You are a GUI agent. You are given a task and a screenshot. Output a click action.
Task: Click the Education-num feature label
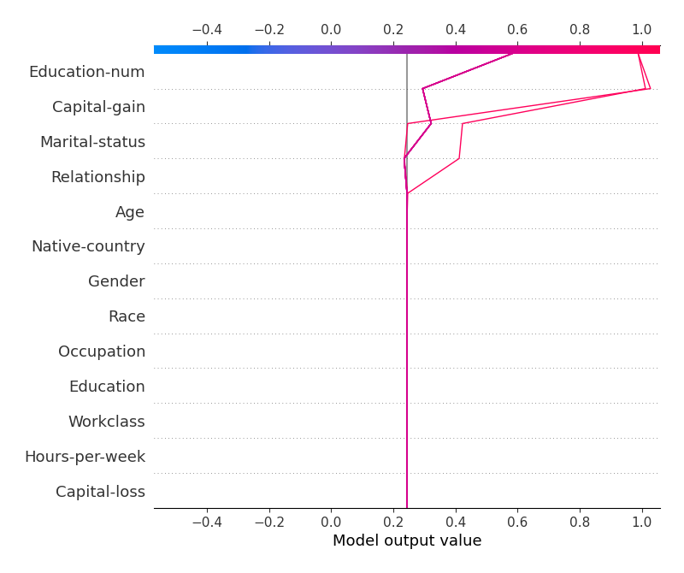point(86,72)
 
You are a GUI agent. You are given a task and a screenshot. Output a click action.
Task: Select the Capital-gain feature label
point(98,107)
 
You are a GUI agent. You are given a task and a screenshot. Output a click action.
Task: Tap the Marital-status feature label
point(92,142)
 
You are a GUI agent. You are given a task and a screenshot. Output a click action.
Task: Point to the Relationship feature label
point(97,177)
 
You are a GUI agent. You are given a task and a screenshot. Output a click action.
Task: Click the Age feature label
point(130,212)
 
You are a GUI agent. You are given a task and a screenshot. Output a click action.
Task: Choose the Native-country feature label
point(88,246)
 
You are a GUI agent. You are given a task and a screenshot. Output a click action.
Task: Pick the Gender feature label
point(116,281)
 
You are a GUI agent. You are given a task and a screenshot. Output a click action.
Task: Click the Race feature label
point(127,316)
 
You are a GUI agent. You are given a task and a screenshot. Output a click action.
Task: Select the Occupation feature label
point(102,351)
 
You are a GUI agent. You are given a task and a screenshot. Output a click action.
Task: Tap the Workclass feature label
point(106,422)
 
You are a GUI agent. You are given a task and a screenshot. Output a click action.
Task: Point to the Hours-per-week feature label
point(85,457)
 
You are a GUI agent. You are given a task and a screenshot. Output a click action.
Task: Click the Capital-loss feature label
point(100,492)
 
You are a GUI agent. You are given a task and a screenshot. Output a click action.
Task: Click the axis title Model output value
point(407,541)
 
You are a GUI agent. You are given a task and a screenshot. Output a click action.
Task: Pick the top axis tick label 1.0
point(641,29)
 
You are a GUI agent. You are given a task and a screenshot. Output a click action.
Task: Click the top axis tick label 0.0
point(331,29)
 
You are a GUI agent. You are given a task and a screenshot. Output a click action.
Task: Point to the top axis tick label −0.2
point(268,29)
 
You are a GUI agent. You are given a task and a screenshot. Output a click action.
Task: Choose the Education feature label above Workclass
point(107,387)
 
